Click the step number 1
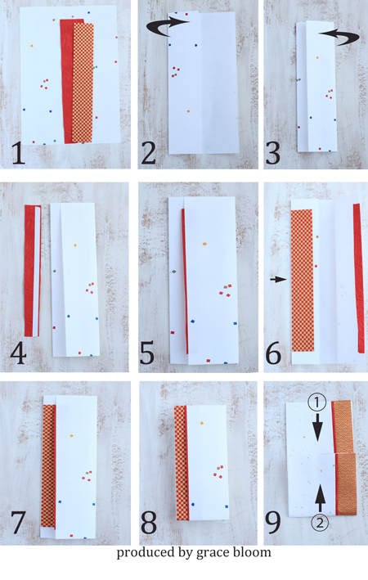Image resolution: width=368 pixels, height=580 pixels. tap(18, 153)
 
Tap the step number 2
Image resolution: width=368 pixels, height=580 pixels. tap(149, 153)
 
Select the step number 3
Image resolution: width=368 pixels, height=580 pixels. tap(273, 153)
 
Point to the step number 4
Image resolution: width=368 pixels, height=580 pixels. tap(18, 353)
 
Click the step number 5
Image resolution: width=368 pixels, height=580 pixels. tap(147, 353)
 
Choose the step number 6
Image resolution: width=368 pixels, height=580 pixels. tap(274, 353)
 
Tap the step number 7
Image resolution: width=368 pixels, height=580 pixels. tap(18, 523)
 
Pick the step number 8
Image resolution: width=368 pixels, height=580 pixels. tap(149, 523)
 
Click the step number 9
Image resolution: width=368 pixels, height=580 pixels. tap(273, 523)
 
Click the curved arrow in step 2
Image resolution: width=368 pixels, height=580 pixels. tap(167, 27)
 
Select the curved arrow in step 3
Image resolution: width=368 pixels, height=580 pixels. tap(339, 37)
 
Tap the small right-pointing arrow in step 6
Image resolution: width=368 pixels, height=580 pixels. tap(279, 280)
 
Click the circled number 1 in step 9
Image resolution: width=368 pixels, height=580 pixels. tap(317, 403)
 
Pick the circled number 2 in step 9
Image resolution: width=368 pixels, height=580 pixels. tap(320, 523)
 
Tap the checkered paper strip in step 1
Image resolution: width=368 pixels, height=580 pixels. tap(83, 83)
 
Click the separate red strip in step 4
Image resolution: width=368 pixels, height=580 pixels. tap(29, 271)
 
